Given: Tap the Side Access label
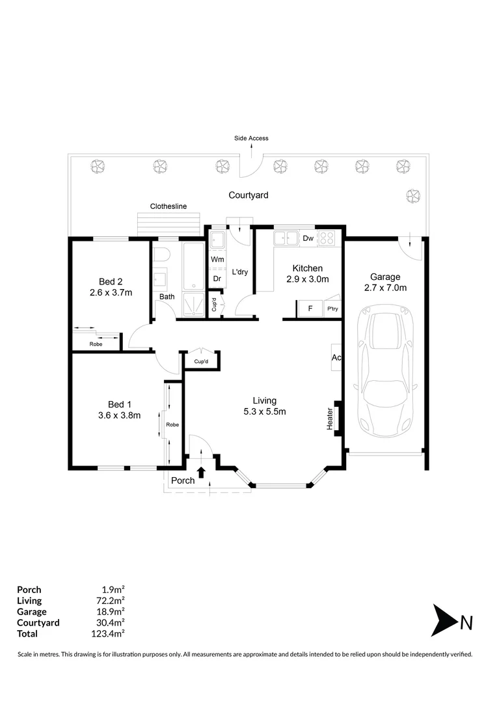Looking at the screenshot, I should [x=251, y=138].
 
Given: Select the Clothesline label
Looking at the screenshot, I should [x=168, y=206].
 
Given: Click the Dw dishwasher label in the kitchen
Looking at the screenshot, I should [x=308, y=238].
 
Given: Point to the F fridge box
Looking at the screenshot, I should [x=310, y=309].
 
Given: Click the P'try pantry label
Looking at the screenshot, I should [x=332, y=309].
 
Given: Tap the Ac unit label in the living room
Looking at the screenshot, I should [x=336, y=357].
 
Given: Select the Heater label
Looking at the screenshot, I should [x=330, y=419].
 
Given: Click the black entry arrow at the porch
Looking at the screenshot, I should [x=201, y=472].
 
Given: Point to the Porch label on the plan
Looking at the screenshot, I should [x=182, y=481].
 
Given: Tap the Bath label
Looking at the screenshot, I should [x=167, y=297].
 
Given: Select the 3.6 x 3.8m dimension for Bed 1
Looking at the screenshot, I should [x=114, y=415].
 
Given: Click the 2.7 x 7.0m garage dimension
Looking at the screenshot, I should [x=385, y=287].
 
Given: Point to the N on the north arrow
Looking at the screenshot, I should [x=466, y=623].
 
